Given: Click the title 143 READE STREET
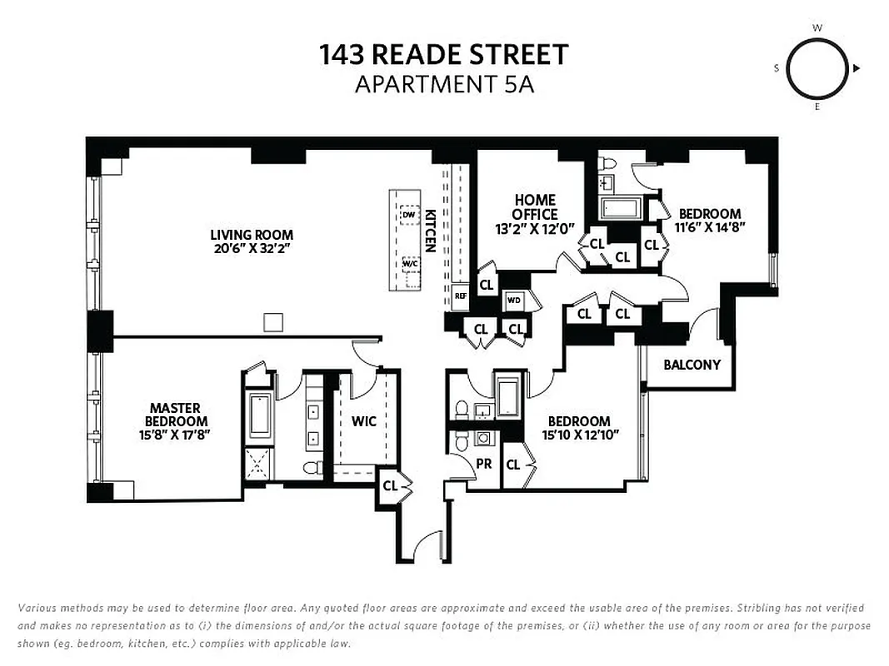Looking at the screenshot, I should pyautogui.click(x=444, y=55).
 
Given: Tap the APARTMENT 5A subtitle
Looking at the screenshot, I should pyautogui.click(x=444, y=84).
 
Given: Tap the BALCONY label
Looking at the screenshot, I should pyautogui.click(x=692, y=365).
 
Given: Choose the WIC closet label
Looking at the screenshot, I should pyautogui.click(x=363, y=421).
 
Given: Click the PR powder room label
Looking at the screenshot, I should pyautogui.click(x=483, y=464).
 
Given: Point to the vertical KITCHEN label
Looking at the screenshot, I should pyautogui.click(x=430, y=231).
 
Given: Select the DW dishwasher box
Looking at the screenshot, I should pyautogui.click(x=408, y=215).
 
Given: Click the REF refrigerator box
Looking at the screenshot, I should pyautogui.click(x=460, y=296).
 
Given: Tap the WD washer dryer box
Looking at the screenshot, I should pyautogui.click(x=514, y=300).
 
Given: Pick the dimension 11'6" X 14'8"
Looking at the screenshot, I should pyautogui.click(x=709, y=226).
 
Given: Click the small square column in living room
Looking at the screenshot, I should pyautogui.click(x=272, y=322).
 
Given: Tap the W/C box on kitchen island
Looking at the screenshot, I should pyautogui.click(x=410, y=263).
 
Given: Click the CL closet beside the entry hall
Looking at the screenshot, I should pyautogui.click(x=389, y=485).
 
